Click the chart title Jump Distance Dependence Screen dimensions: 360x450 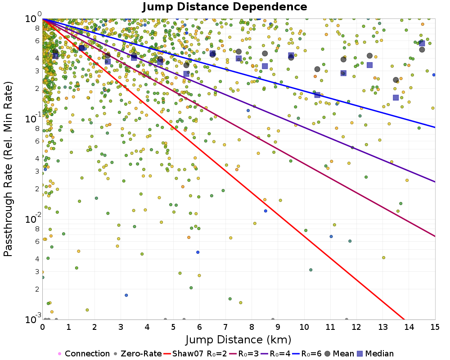pos(225,7)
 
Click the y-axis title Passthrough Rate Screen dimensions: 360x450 pos(9,169)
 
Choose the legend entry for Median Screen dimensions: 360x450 pos(375,354)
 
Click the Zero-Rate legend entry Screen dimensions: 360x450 pos(138,354)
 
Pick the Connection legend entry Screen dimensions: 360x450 pos(84,354)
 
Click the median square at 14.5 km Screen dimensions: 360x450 pos(422,43)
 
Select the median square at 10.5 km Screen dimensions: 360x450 pos(317,95)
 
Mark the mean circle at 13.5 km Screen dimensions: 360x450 pos(396,80)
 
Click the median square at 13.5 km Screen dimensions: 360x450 pos(396,98)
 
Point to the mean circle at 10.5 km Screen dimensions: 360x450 pos(317,69)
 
